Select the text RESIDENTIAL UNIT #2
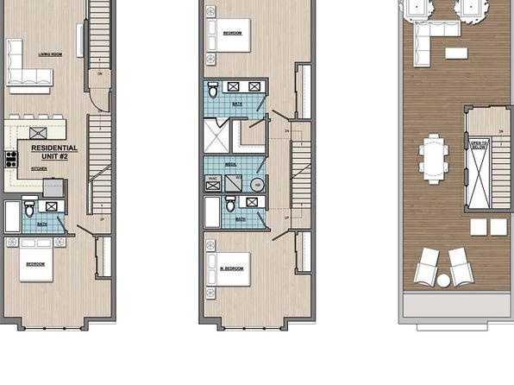click(53, 151)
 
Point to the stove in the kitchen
click(12, 159)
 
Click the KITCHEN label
click(39, 169)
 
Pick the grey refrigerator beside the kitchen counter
click(53, 187)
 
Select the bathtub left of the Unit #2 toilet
click(12, 215)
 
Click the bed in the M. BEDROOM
click(231, 268)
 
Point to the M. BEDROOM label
click(231, 268)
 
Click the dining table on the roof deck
click(435, 159)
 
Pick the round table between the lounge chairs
click(443, 280)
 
